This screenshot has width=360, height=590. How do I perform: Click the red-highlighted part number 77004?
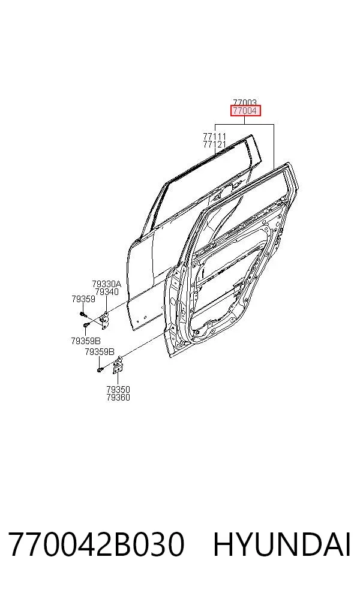pos(245,110)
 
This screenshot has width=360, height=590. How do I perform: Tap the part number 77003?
pos(245,103)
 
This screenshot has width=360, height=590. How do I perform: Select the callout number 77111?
pos(215,136)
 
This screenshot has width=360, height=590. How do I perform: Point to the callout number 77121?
pos(215,144)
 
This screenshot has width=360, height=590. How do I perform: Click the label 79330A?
pos(107,284)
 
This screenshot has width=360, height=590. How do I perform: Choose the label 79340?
pos(107,291)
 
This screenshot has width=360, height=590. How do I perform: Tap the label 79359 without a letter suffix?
pos(83,299)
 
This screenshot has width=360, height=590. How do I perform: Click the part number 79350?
pos(118,390)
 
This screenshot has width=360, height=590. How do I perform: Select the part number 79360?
pos(118,398)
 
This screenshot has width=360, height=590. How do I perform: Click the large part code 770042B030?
pos(96,544)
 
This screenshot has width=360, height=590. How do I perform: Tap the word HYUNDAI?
pos(282,544)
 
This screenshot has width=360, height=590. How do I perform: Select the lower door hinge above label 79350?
pos(118,365)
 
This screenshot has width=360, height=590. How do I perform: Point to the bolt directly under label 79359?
pos(83,314)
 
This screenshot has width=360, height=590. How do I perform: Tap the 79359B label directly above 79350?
pos(100,352)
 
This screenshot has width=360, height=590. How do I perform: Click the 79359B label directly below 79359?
pos(85,341)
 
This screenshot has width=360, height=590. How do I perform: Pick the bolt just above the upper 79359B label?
pos(85,325)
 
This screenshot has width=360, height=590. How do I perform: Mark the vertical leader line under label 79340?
pos(107,303)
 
